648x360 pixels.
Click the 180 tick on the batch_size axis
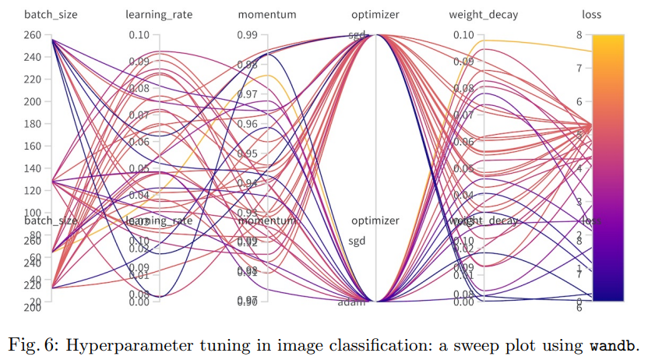point(34,123)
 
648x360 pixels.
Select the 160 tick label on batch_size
point(34,146)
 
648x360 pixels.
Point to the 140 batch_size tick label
point(34,168)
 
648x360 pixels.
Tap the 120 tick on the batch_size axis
point(34,190)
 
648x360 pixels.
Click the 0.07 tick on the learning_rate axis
point(139,115)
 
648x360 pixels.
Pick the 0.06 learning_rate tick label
point(139,142)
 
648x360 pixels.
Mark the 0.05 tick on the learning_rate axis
point(139,168)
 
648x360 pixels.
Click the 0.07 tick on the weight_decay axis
point(462,115)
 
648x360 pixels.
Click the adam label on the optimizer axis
point(350,302)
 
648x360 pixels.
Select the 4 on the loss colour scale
point(577,168)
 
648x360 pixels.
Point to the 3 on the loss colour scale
point(577,202)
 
